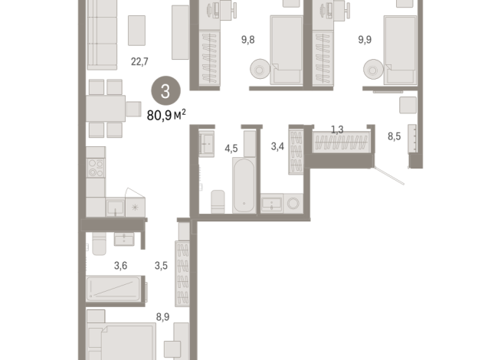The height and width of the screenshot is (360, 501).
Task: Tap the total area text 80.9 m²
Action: (166, 115)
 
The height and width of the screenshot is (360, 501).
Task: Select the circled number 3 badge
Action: (165, 91)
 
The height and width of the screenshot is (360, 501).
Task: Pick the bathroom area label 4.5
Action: (231, 149)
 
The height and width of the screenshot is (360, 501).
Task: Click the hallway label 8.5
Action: (395, 138)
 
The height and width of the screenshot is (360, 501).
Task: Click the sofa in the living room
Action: (101, 34)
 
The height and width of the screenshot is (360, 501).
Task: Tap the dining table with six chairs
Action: (106, 108)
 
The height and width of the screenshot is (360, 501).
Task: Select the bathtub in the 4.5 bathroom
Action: (244, 186)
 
